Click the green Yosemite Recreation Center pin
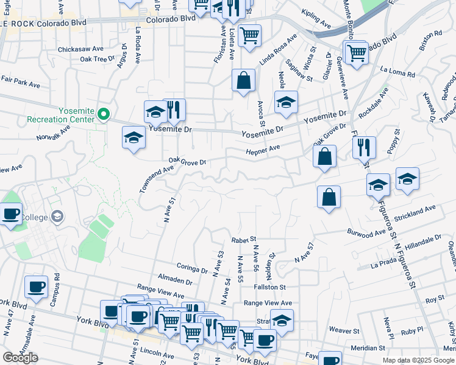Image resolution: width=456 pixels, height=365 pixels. click(x=104, y=113)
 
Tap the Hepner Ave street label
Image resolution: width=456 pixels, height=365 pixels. click(x=263, y=149)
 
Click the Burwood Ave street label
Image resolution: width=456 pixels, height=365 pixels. click(x=366, y=232)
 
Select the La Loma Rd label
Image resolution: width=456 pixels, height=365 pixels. click(x=397, y=73)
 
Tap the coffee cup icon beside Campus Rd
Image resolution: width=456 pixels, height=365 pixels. click(x=36, y=287)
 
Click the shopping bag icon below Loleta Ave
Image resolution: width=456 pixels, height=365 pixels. click(x=243, y=80)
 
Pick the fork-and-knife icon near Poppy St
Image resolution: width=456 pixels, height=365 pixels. click(x=364, y=147)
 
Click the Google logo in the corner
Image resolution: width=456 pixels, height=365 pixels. click(x=20, y=358)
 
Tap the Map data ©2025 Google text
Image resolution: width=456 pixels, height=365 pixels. click(x=418, y=360)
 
